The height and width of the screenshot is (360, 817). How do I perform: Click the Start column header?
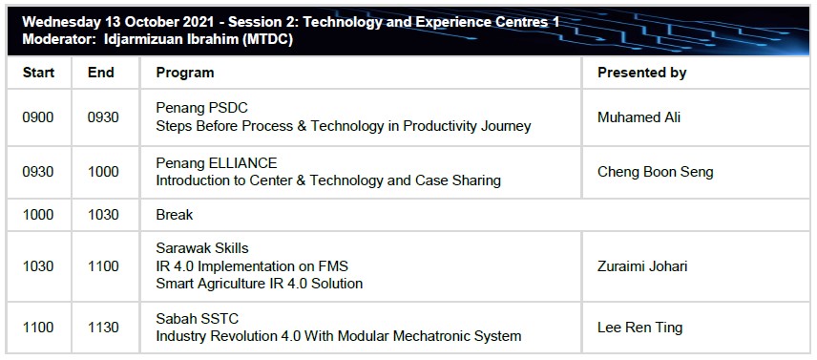point(38,73)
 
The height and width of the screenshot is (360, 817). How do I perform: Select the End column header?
point(100,73)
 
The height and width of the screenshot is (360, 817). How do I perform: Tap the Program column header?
point(185,73)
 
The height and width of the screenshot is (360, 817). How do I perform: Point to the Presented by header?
point(642,73)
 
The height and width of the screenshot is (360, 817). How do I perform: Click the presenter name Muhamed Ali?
point(639,117)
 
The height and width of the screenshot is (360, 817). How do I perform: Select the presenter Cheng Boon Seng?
point(655,172)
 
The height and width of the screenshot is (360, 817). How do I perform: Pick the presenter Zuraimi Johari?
point(642,266)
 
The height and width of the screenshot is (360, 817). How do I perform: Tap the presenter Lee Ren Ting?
point(639,328)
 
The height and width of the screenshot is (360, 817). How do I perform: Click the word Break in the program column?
point(175,215)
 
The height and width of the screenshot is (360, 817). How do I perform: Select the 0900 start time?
point(38,117)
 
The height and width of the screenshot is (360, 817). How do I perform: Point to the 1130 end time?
point(103,328)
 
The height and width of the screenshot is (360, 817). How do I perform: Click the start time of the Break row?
point(38,215)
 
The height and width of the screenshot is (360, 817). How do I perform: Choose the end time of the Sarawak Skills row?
point(103,266)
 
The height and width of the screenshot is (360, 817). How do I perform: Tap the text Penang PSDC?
point(202,108)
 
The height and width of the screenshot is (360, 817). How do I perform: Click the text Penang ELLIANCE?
point(217,163)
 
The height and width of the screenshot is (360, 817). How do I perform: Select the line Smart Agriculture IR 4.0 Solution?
point(260,284)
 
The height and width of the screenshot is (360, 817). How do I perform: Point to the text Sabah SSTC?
point(198,318)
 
